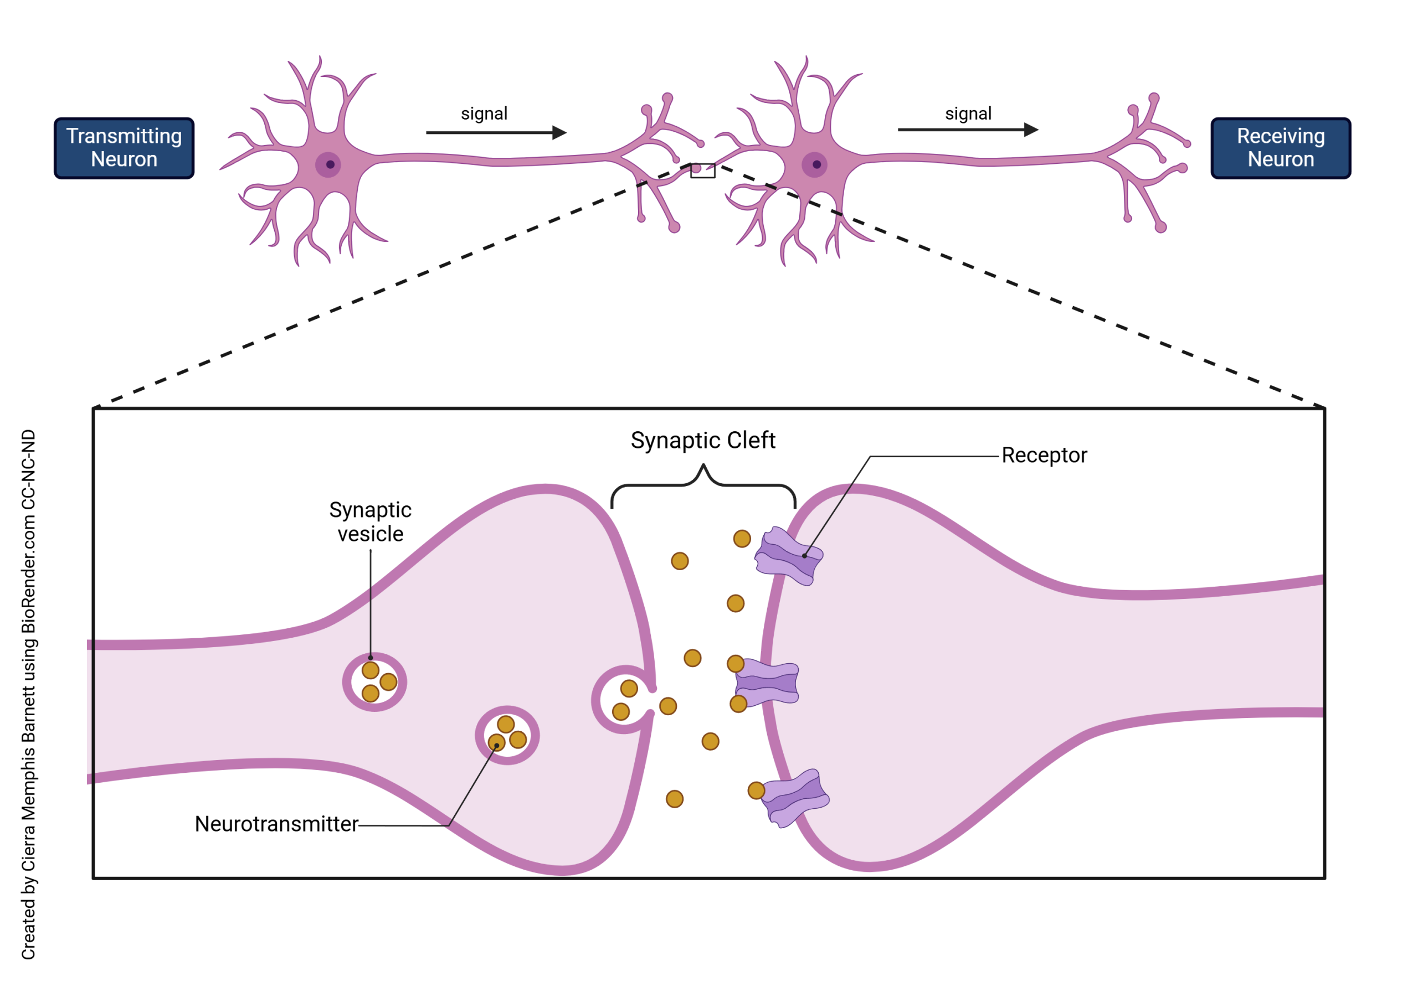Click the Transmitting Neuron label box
tap(124, 148)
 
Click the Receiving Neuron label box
tap(1280, 148)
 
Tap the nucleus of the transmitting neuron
tap(330, 165)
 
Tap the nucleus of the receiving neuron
tap(816, 165)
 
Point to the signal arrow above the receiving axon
tap(967, 130)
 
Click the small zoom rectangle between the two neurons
tap(703, 170)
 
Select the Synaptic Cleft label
tap(703, 441)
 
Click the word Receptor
tap(1044, 456)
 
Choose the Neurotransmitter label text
tap(276, 824)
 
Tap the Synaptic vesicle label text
tap(371, 521)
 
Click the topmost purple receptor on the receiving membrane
tap(789, 556)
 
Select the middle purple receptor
tap(768, 683)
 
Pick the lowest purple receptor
tap(795, 798)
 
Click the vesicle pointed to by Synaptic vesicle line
tap(375, 682)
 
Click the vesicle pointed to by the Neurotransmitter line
tap(507, 735)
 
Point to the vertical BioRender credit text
tap(28, 695)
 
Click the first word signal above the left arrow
tap(484, 114)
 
